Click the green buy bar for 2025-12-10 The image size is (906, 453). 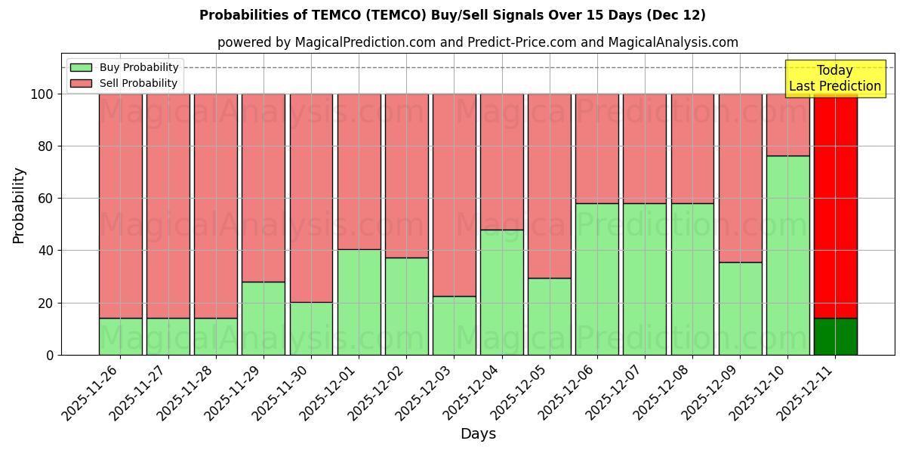tap(787, 255)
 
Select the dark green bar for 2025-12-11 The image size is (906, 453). tap(835, 337)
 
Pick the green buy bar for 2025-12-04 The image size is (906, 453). tap(501, 292)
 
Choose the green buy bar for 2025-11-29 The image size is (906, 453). tap(263, 318)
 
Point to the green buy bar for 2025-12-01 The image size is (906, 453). tap(359, 302)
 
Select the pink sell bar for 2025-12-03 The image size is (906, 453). tap(454, 195)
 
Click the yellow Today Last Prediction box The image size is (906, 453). tap(835, 79)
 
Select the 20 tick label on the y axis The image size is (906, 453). tap(45, 304)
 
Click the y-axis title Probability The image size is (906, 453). tap(19, 205)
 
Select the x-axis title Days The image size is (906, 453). tap(478, 434)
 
